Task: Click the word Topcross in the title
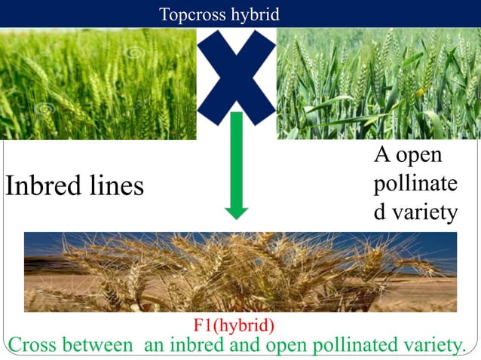[190, 14]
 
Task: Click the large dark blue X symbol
[236, 72]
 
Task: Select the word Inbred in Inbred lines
[42, 185]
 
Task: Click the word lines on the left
[114, 185]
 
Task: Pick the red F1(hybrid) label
[234, 325]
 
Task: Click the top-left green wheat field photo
[98, 83]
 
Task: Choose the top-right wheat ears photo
[378, 83]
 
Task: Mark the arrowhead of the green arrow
[236, 208]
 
